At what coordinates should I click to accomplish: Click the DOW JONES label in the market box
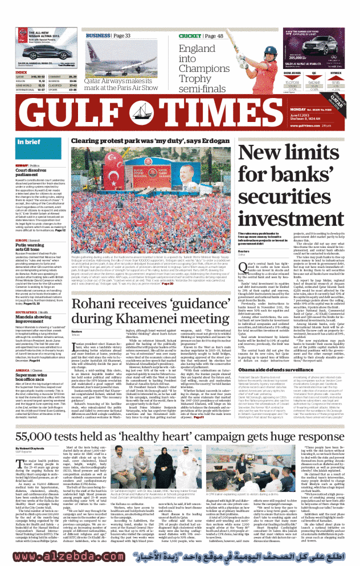click(x=292, y=74)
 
